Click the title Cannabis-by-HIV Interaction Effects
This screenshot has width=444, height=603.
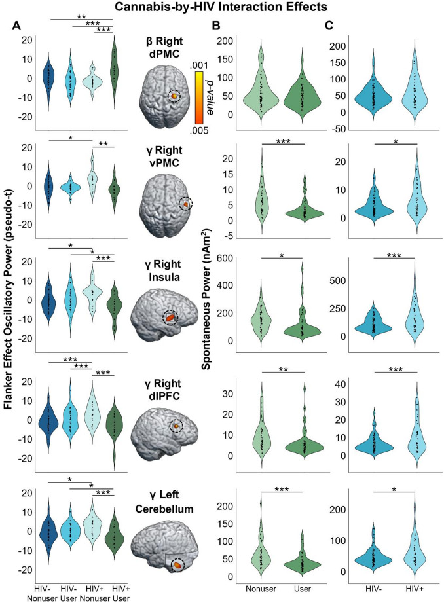222,9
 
